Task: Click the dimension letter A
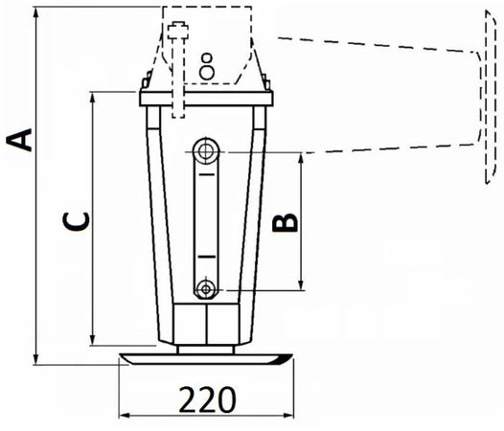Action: (24, 140)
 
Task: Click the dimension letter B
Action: (286, 222)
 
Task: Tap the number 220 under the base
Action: (208, 397)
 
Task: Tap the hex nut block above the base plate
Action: (207, 325)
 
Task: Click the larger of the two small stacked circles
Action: (206, 72)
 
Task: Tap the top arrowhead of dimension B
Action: (302, 156)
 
